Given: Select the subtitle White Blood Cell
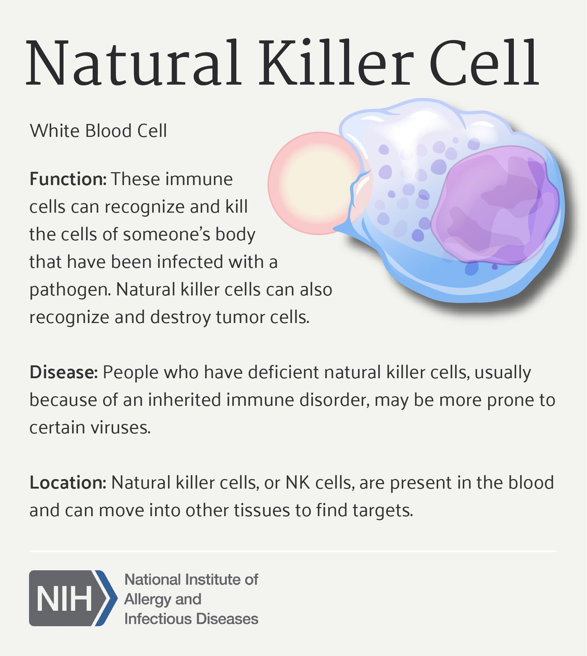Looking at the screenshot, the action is (98, 131).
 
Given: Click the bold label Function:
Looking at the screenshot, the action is (68, 179).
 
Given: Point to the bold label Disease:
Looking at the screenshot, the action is (64, 372).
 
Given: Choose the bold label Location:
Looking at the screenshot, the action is (68, 483).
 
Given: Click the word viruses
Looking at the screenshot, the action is (121, 428).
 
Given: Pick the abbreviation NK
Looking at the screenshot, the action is (298, 483).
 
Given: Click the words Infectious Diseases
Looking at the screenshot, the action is (191, 619).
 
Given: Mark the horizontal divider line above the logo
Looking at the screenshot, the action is (293, 552).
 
